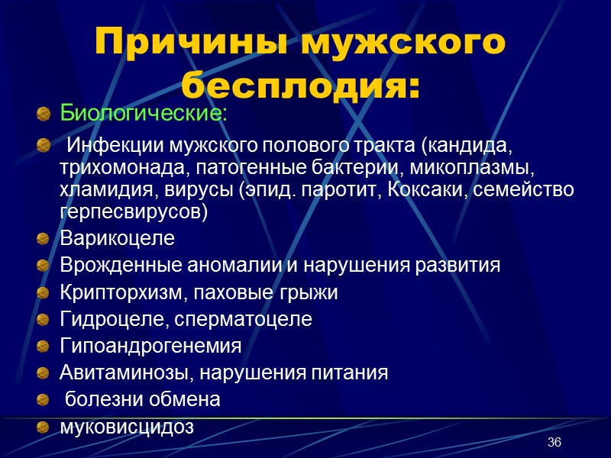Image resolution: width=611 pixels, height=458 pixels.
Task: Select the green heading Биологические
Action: (143, 114)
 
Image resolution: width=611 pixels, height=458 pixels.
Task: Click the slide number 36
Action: (554, 443)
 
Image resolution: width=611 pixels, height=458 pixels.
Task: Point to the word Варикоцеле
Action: (117, 239)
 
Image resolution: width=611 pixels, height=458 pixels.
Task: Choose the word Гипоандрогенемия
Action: (150, 346)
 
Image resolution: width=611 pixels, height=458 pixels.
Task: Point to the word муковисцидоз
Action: (127, 427)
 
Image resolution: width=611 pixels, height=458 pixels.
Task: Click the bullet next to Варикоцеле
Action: (43, 240)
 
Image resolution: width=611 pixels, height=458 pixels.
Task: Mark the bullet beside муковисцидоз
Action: (43, 427)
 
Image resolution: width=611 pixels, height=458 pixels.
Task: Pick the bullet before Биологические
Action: (43, 115)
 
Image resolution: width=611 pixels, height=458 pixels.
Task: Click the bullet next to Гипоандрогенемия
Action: (43, 347)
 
